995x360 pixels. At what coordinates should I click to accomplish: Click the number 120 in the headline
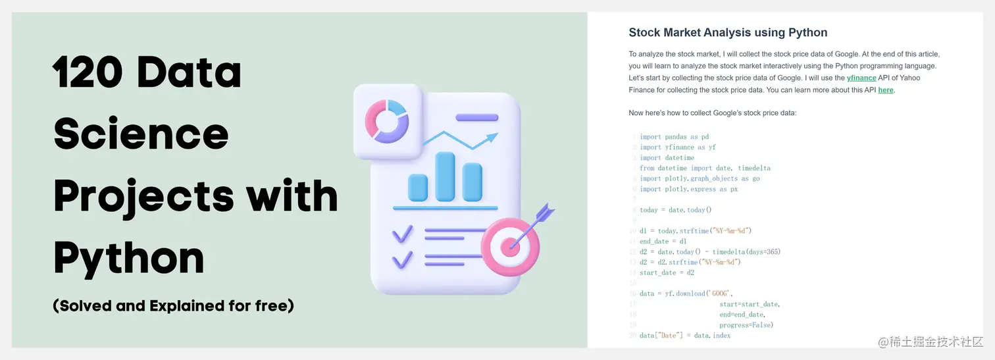pos(88,72)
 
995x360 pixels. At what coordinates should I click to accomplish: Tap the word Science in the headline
pos(141,134)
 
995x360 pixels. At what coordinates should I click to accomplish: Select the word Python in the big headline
pos(129,259)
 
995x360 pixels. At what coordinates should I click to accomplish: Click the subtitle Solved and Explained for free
pos(173,306)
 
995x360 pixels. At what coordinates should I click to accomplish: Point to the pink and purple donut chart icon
pos(386,121)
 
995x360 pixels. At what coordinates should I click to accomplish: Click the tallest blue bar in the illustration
pos(445,176)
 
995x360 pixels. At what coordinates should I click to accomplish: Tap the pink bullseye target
pos(510,247)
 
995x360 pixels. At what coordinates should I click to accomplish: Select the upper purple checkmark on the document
pos(403,234)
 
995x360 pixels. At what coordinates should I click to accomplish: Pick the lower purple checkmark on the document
pos(403,260)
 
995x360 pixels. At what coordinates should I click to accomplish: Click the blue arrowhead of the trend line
pos(491,138)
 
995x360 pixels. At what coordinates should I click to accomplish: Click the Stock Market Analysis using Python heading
pos(728,32)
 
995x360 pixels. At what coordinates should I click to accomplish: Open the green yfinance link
pos(861,78)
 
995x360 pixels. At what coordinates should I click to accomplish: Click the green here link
pos(886,90)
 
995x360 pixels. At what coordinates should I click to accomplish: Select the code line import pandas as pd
pos(675,137)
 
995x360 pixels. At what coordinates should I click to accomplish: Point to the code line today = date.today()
pos(676,210)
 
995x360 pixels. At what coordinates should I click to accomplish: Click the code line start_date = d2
pos(667,273)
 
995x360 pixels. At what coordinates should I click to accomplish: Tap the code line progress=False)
pos(746,325)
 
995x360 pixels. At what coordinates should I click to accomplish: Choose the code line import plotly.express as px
pos(688,190)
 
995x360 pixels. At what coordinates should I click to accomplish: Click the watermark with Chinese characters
pos(931,342)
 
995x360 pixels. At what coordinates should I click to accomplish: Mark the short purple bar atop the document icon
pos(477,118)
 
